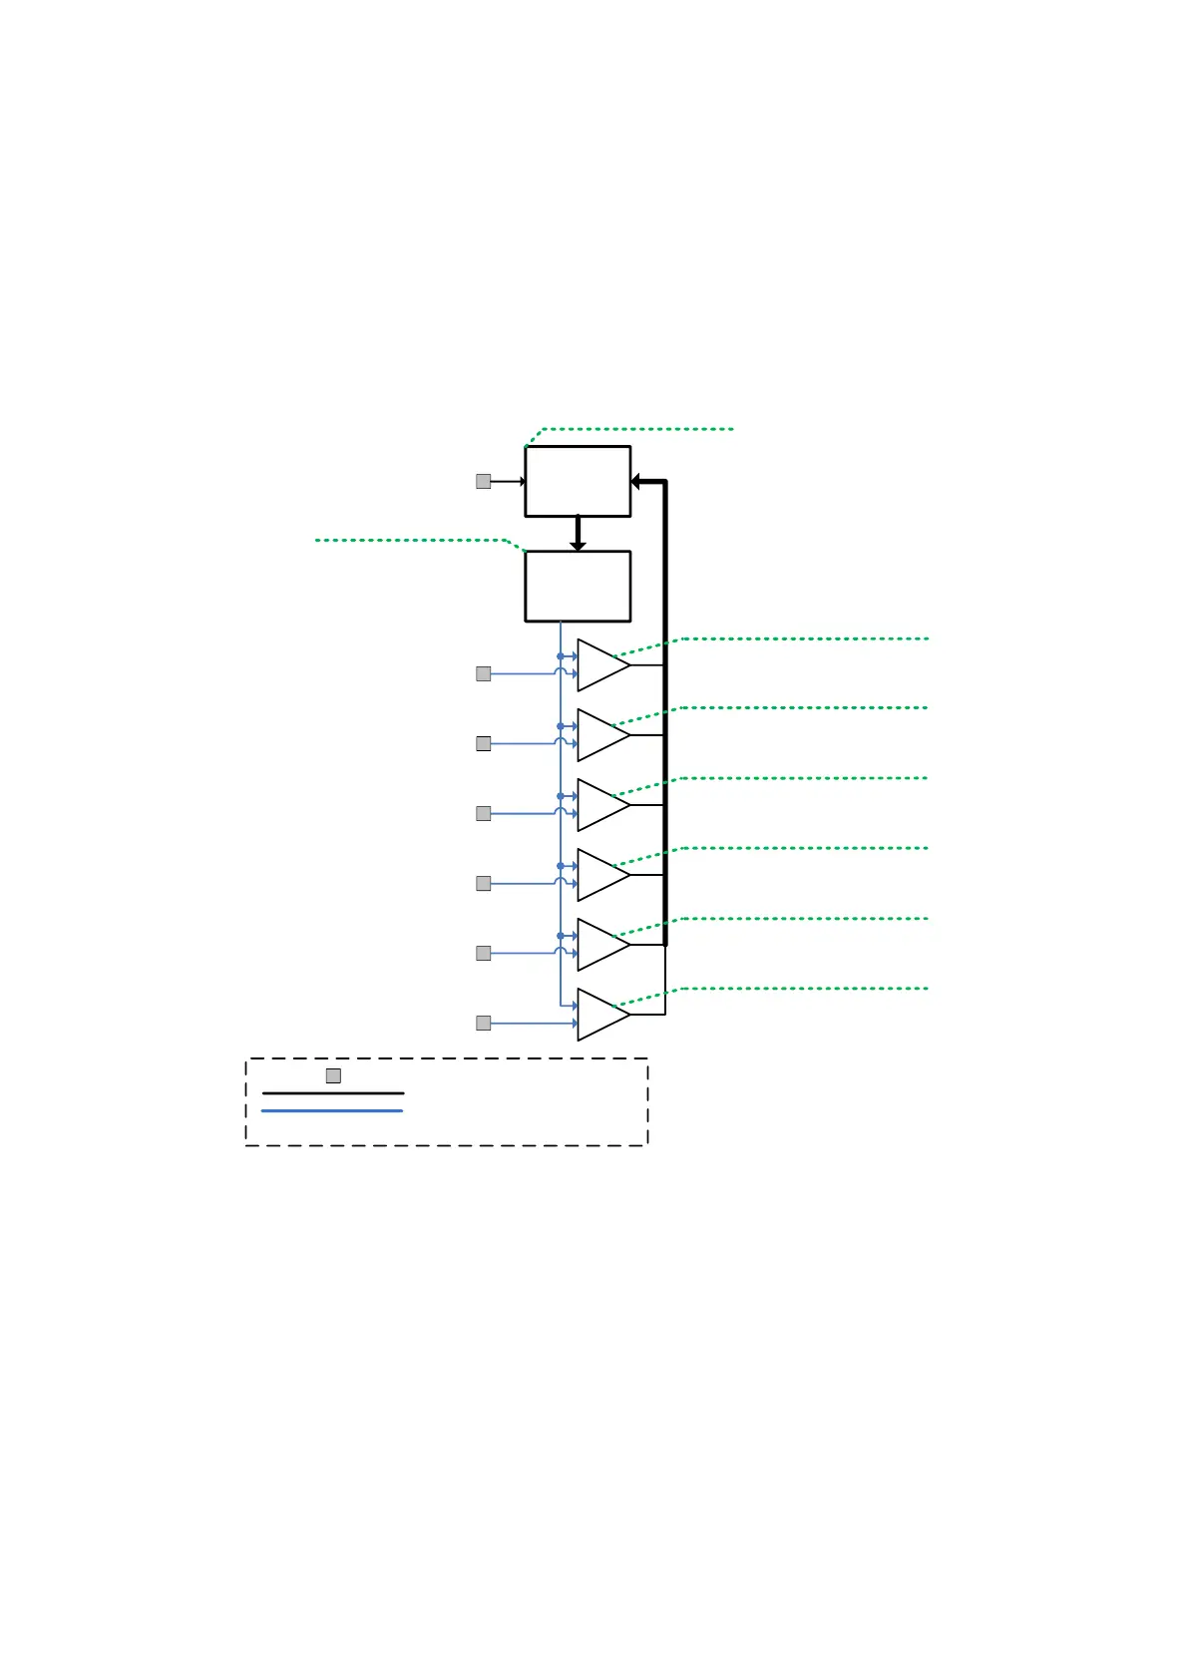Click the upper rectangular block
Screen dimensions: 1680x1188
[578, 481]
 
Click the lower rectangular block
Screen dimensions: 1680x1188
[578, 586]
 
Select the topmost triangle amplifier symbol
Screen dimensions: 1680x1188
[600, 665]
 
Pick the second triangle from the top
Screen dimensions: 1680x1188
[600, 735]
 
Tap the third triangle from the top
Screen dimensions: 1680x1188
[600, 805]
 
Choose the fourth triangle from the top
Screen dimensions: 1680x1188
[600, 875]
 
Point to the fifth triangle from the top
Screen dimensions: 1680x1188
[600, 945]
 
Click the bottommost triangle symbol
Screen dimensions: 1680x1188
[600, 1015]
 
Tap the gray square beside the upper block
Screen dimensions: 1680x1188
[484, 481]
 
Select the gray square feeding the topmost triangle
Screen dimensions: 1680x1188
[484, 673]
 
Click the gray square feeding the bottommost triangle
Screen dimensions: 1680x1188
[484, 1023]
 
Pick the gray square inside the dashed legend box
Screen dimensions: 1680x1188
[333, 1075]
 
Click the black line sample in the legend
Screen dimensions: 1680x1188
[333, 1093]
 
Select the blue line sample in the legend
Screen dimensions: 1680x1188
[333, 1110]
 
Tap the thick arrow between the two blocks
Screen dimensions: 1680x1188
[578, 534]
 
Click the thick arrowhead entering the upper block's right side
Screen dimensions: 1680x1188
[636, 482]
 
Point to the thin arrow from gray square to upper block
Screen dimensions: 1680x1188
[508, 482]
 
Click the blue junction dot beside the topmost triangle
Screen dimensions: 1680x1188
[561, 656]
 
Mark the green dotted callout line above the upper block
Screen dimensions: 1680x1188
[638, 429]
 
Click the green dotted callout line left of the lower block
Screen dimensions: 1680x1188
[409, 540]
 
